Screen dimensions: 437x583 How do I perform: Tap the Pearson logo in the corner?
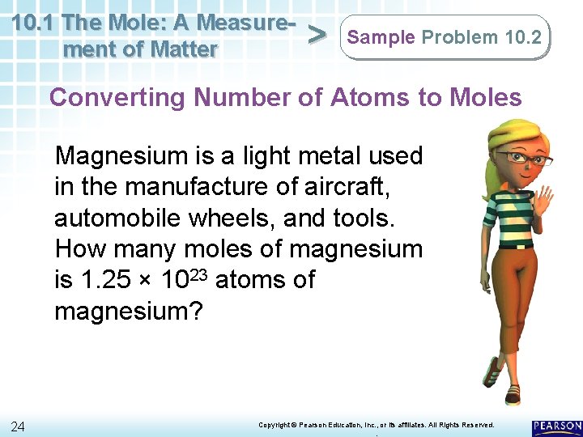(x=557, y=426)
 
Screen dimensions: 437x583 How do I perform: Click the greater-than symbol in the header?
(x=318, y=36)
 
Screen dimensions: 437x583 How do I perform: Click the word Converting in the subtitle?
(x=118, y=98)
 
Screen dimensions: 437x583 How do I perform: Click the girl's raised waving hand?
(x=542, y=198)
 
